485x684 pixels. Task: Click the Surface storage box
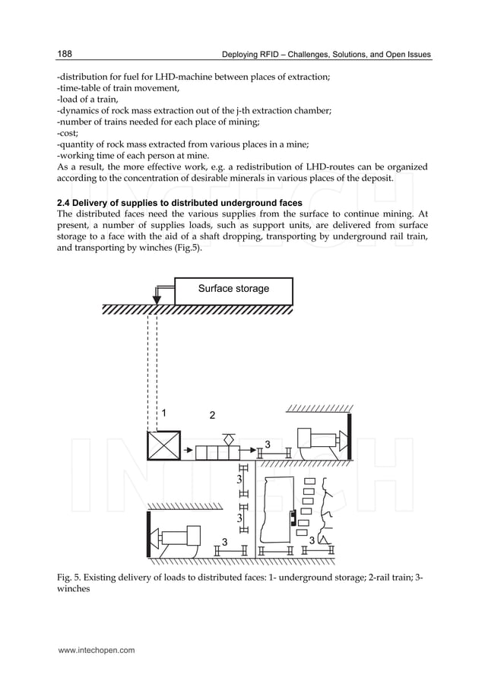(233, 290)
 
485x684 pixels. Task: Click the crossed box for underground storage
(163, 445)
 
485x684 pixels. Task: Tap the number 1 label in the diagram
(163, 413)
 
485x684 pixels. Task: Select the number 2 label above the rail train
(213, 416)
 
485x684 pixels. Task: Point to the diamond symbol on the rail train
(227, 439)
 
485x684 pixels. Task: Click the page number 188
(65, 54)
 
